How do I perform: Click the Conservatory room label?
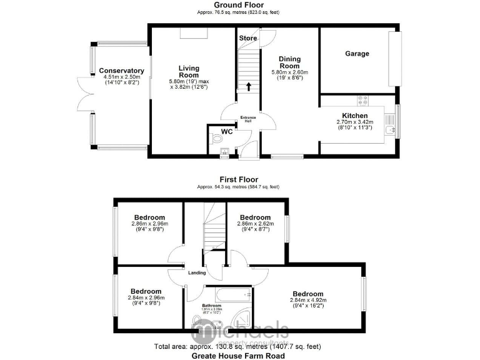coord(122,71)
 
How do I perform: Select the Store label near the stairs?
coord(247,38)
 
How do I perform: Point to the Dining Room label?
coord(289,62)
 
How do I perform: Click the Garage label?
coord(357,54)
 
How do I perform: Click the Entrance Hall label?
coord(249,119)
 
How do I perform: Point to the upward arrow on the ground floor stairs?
coord(249,86)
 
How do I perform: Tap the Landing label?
coord(197,272)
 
